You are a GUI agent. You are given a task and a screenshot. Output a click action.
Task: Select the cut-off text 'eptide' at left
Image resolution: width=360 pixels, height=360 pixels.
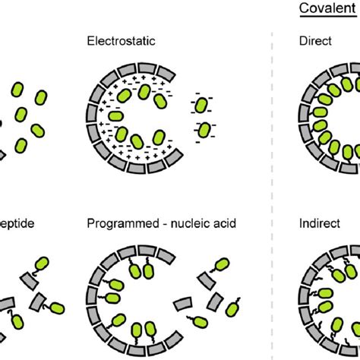pos(17,225)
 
